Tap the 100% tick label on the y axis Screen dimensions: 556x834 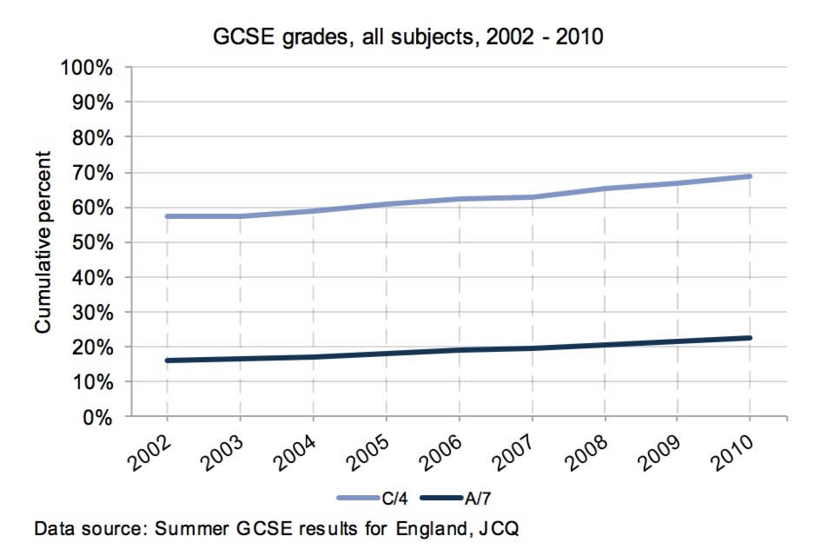pos(85,68)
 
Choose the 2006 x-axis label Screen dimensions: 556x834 pos(442,449)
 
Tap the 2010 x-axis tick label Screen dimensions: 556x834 pos(733,449)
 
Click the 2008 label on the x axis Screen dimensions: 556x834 pos(588,449)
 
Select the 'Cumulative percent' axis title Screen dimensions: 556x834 pos(43,242)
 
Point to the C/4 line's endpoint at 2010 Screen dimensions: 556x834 pos(749,176)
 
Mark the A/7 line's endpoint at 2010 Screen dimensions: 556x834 pos(749,338)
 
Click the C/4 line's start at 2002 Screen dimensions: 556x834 pos(167,216)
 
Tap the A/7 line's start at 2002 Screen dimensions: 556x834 pos(167,360)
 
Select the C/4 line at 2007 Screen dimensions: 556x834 pos(531,197)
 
